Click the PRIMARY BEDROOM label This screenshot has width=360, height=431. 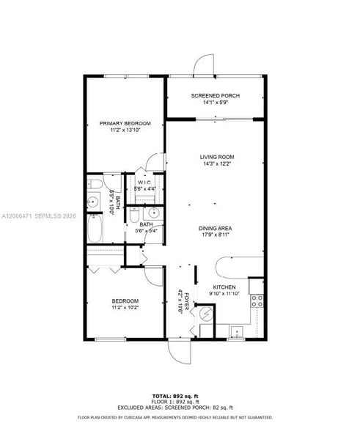click(125, 123)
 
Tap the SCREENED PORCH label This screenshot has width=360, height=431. click(215, 96)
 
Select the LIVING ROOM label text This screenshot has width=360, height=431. click(216, 157)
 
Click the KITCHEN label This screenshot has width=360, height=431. click(224, 287)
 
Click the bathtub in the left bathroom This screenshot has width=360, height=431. click(95, 229)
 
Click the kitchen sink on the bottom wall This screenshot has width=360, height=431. click(236, 332)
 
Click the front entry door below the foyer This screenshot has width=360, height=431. click(180, 353)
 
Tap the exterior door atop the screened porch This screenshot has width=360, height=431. click(203, 65)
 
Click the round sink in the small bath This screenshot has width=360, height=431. click(135, 215)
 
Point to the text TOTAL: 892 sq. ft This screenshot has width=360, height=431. click(180, 396)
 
